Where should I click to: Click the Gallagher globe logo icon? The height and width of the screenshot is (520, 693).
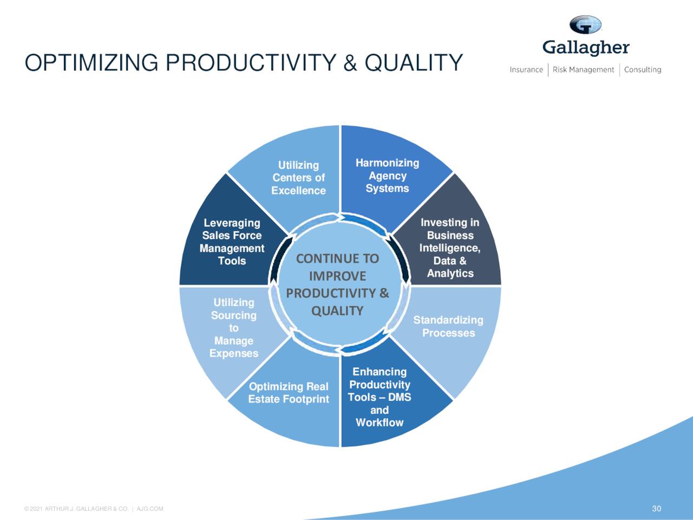click(585, 25)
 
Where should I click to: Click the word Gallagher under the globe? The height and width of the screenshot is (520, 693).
click(586, 48)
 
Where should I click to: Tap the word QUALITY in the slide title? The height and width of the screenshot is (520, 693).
click(414, 63)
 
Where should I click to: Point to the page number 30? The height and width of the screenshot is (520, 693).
click(656, 508)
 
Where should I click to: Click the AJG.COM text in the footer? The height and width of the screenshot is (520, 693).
click(150, 509)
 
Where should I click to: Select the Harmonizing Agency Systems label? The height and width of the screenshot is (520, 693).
click(387, 175)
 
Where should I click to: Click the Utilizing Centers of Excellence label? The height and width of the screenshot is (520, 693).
click(298, 178)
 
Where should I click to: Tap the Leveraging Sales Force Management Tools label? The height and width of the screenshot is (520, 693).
click(232, 242)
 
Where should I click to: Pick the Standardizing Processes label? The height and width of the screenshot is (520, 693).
click(448, 326)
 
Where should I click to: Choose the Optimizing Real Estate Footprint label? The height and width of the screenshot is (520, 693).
click(289, 393)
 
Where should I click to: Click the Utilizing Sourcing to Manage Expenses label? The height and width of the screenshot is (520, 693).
click(234, 328)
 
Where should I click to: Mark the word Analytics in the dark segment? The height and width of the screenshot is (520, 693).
click(450, 274)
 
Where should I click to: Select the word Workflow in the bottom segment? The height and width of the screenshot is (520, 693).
click(380, 422)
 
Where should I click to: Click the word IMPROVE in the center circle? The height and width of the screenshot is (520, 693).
click(337, 276)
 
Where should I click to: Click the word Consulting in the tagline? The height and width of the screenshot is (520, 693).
click(643, 69)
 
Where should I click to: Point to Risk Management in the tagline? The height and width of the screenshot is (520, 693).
click(583, 69)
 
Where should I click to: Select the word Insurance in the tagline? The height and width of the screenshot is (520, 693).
click(526, 69)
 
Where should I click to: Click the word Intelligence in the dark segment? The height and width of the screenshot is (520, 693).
click(449, 248)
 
